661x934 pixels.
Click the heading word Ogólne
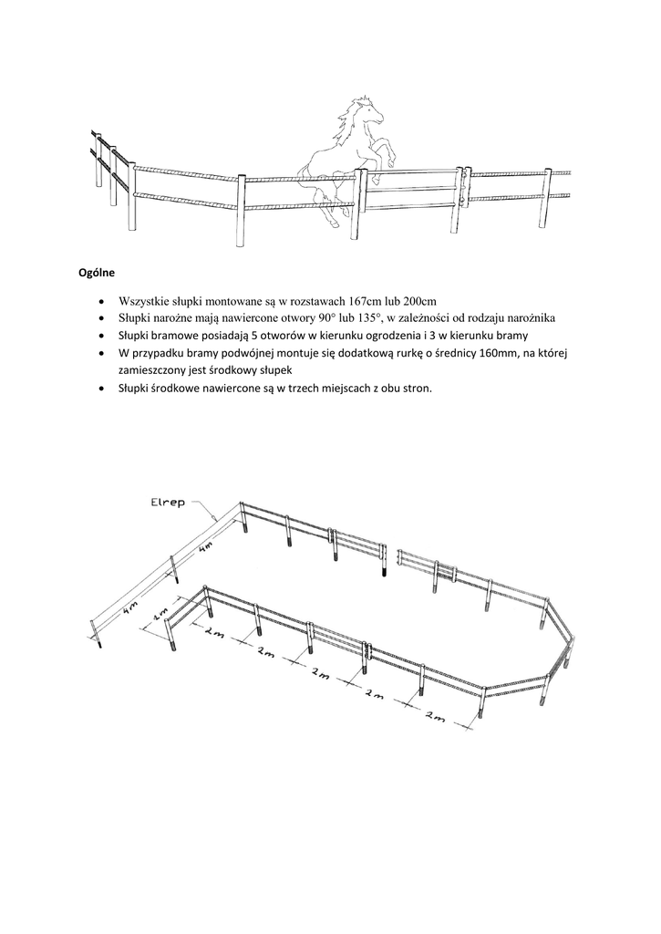tap(94, 271)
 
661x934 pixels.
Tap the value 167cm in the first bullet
tap(367, 301)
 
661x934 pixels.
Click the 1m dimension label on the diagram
tap(161, 613)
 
